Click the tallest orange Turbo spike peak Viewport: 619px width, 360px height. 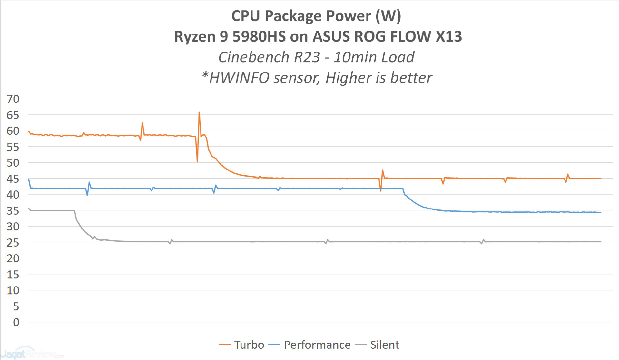pos(199,112)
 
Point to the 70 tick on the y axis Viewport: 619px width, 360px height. pos(13,99)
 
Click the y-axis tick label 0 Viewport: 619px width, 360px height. pos(16,322)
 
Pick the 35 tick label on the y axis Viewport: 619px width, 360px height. pos(13,211)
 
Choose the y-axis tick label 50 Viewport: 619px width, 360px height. pos(13,163)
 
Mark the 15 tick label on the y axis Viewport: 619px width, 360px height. pos(13,275)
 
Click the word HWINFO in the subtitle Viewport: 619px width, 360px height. pos(239,78)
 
